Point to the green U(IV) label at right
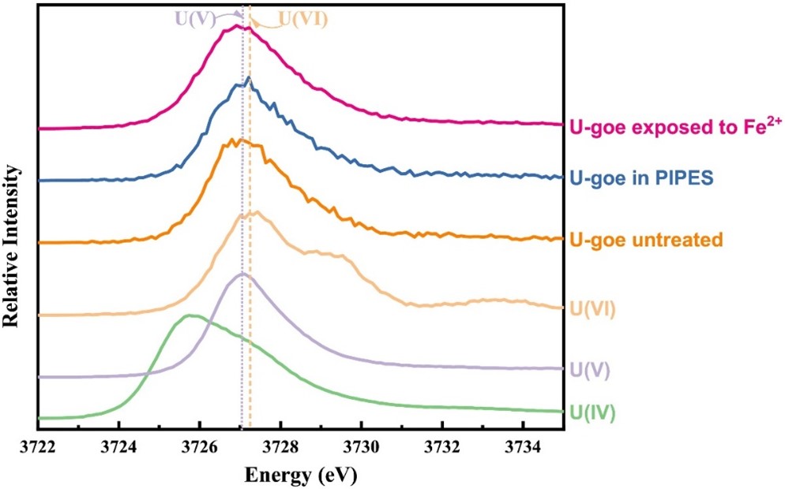[x=592, y=412]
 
